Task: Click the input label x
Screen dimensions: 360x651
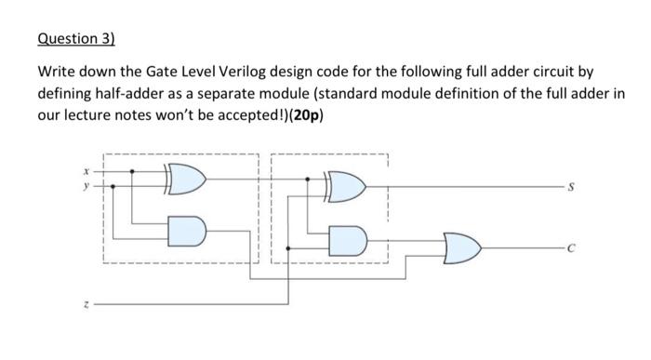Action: pyautogui.click(x=87, y=171)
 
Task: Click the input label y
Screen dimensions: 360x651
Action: pyautogui.click(x=87, y=185)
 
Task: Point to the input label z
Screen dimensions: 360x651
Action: pyautogui.click(x=87, y=302)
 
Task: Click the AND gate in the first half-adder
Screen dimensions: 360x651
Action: pyautogui.click(x=185, y=229)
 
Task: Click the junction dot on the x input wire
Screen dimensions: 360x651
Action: pyautogui.click(x=132, y=171)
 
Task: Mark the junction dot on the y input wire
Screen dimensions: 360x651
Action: pyautogui.click(x=113, y=185)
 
